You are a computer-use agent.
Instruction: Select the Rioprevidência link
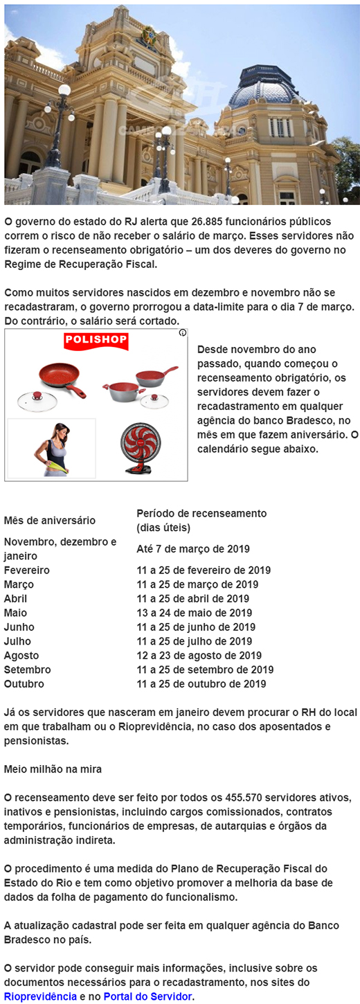(x=40, y=996)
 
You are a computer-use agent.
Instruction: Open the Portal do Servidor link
(x=148, y=996)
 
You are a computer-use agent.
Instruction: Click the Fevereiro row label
(x=27, y=571)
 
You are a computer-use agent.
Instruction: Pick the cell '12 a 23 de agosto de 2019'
(x=199, y=656)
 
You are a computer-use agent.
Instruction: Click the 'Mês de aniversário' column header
(x=50, y=521)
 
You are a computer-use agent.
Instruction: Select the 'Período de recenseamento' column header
(x=201, y=514)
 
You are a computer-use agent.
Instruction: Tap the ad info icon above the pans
(x=182, y=333)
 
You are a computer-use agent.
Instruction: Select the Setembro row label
(x=27, y=670)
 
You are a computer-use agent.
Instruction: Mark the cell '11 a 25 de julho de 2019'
(x=194, y=641)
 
